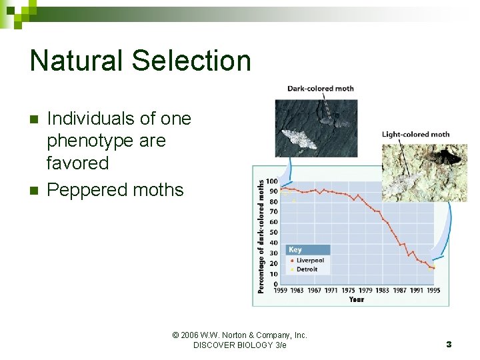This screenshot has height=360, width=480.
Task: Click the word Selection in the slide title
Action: [191, 61]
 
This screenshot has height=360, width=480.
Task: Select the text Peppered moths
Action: [115, 190]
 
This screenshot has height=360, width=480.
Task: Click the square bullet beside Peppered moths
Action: [35, 190]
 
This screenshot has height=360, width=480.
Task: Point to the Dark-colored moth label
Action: [320, 89]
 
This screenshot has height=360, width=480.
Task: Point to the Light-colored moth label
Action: [415, 135]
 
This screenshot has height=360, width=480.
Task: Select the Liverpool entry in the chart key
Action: [309, 261]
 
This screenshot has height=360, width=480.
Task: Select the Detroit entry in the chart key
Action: [307, 269]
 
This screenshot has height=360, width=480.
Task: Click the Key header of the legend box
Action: [295, 250]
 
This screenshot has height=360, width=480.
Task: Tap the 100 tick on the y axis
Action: [272, 181]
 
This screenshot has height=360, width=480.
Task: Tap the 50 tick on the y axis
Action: [273, 233]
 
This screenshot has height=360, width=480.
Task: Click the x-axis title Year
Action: [357, 299]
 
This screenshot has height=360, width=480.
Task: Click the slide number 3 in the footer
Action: [449, 345]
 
